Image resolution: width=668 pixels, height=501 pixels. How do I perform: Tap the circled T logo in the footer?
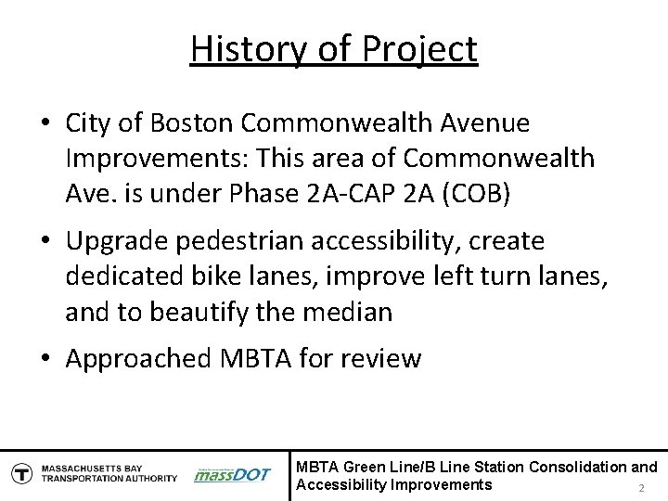pos(19,473)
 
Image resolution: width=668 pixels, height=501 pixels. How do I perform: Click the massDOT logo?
pos(231,474)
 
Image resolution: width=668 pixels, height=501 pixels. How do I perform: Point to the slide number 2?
pos(639,489)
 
